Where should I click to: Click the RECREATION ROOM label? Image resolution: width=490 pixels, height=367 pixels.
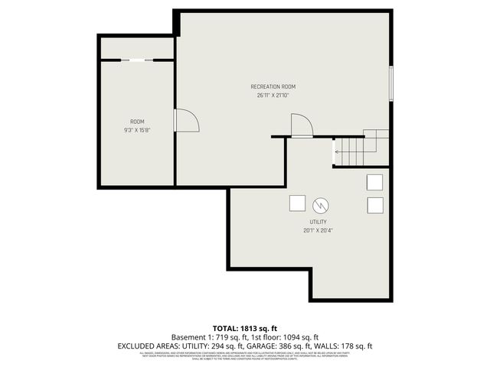tap(273, 86)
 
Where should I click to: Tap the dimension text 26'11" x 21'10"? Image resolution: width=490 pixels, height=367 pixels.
tap(273, 96)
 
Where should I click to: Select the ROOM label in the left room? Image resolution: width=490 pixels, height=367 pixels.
tap(137, 122)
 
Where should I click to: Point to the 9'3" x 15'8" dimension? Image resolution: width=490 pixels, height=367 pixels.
tap(137, 131)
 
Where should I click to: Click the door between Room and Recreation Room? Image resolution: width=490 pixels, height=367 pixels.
tap(186, 120)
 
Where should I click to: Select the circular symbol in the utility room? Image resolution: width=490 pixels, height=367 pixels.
tap(321, 204)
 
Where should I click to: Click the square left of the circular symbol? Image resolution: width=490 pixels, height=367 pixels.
tap(296, 203)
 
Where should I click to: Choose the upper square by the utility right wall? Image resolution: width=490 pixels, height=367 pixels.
tap(374, 182)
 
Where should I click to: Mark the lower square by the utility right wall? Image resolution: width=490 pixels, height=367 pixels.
tap(374, 205)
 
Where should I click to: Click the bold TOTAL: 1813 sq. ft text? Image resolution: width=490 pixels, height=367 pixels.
tap(245, 327)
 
